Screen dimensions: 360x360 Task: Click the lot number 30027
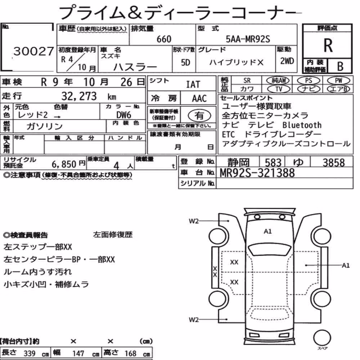pyautogui.click(x=34, y=51)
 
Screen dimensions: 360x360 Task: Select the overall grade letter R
pyautogui.click(x=328, y=45)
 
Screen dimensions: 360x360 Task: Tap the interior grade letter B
pyautogui.click(x=340, y=66)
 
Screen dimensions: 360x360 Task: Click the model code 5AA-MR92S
pyautogui.click(x=248, y=39)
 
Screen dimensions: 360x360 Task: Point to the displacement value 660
pyautogui.click(x=164, y=39)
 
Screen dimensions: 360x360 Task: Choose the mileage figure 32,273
pyautogui.click(x=79, y=96)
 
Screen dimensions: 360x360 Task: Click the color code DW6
pyautogui.click(x=124, y=115)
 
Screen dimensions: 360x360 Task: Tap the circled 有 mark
pyautogui.click(x=199, y=116)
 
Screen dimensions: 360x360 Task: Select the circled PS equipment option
pyautogui.click(x=309, y=81)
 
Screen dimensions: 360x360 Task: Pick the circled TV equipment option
pyautogui.click(x=279, y=89)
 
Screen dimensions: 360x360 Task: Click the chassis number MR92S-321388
pyautogui.click(x=257, y=173)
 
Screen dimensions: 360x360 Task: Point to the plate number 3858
pyautogui.click(x=334, y=163)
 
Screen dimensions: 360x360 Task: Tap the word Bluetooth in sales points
pyautogui.click(x=302, y=125)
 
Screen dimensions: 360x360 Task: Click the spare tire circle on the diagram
pyautogui.click(x=322, y=338)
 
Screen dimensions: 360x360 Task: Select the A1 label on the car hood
pyautogui.click(x=268, y=231)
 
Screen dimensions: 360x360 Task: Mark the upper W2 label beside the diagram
pyautogui.click(x=194, y=221)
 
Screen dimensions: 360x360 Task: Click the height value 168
pyautogui.click(x=130, y=354)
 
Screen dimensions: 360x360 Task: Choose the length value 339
pyautogui.click(x=30, y=354)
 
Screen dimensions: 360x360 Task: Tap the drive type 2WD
pyautogui.click(x=287, y=61)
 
